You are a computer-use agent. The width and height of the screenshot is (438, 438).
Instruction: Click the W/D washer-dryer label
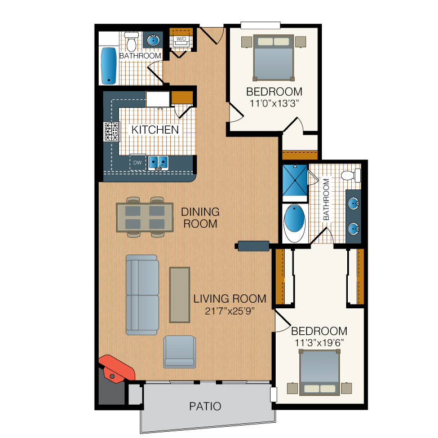tap(181, 39)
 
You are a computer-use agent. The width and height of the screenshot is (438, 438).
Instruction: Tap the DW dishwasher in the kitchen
tap(138, 162)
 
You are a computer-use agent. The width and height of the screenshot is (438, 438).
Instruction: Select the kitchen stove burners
tap(112, 131)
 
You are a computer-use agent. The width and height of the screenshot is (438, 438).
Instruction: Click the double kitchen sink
tap(158, 163)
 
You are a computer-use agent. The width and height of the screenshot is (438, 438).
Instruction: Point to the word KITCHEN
tap(155, 130)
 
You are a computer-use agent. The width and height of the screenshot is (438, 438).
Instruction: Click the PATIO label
tap(205, 406)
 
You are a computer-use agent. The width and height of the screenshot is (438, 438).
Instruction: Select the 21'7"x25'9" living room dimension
tap(229, 311)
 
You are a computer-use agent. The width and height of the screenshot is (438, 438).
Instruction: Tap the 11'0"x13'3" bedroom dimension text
tap(274, 103)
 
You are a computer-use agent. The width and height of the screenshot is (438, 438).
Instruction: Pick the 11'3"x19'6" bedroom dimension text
tap(319, 343)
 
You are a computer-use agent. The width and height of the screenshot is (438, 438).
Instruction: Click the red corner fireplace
tap(117, 368)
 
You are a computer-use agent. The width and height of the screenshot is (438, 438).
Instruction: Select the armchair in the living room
tap(179, 352)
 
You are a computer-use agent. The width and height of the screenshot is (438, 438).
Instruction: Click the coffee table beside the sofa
tap(180, 295)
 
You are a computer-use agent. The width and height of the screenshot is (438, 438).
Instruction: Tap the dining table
tap(145, 218)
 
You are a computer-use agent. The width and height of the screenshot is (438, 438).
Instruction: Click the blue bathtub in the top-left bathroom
tap(109, 65)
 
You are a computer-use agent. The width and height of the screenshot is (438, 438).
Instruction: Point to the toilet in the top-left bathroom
tap(131, 41)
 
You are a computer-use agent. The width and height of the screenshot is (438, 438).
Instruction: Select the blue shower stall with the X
tap(295, 180)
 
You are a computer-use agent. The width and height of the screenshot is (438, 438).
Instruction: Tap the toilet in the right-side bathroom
tap(351, 175)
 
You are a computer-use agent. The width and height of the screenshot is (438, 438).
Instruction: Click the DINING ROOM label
tap(200, 218)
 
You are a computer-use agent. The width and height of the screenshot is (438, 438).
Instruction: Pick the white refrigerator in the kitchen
tap(157, 99)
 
